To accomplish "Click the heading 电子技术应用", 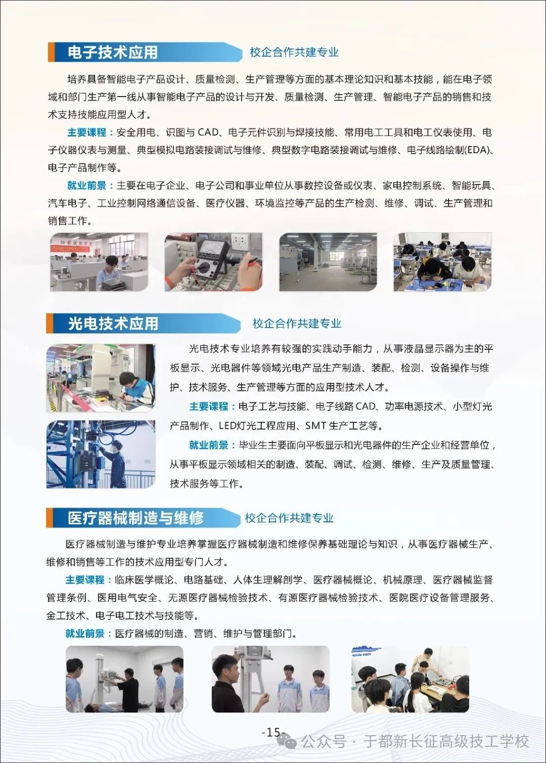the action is (x=112, y=53).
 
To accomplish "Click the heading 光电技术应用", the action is (x=113, y=323).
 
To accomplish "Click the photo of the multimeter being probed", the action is (x=213, y=262).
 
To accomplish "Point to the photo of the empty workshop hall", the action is (x=328, y=262).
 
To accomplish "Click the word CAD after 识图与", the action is (x=208, y=132).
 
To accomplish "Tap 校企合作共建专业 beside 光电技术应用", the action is (x=297, y=323).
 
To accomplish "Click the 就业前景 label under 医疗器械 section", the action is (x=85, y=634).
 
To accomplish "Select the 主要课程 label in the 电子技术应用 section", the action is (x=87, y=132).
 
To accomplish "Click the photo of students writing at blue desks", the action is (x=442, y=262).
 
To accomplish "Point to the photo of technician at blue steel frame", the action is (x=101, y=454).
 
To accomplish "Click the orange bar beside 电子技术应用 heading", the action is (x=51, y=52).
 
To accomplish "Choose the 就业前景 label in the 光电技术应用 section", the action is (x=209, y=445).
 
